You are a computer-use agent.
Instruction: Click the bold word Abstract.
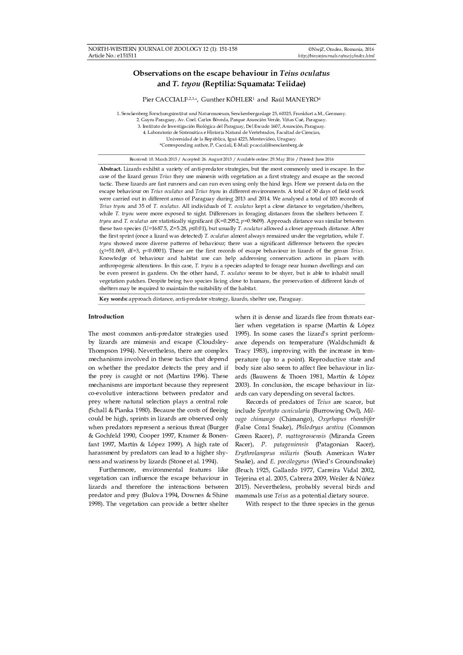click(110, 169)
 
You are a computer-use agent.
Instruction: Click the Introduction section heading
click(106, 317)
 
